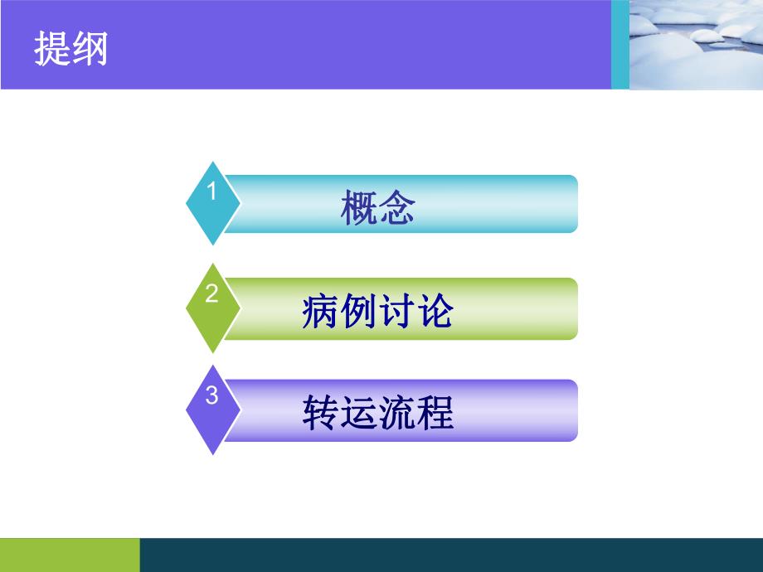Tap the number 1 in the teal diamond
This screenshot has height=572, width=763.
click(211, 191)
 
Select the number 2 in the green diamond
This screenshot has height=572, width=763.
click(211, 294)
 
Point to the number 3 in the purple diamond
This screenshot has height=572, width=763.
click(211, 396)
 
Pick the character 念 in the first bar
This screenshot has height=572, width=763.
click(396, 210)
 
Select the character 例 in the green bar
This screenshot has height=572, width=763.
click(358, 313)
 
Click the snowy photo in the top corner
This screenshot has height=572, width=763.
click(696, 44)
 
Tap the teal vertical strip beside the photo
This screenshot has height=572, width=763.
click(620, 44)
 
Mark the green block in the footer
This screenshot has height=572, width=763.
click(70, 555)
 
